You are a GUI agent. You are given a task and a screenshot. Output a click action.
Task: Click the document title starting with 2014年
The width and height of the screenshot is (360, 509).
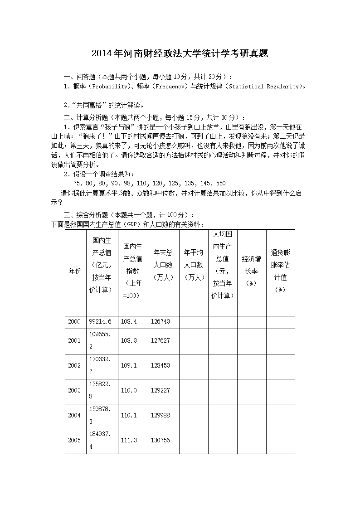click(x=180, y=53)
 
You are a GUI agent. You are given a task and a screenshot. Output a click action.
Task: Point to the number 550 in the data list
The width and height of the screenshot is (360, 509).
click(x=220, y=183)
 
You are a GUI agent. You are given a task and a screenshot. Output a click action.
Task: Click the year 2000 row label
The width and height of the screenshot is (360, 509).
click(x=74, y=321)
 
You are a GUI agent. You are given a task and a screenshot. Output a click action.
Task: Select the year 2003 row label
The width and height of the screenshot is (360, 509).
click(x=74, y=390)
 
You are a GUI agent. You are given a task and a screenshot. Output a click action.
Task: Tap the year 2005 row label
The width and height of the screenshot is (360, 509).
click(x=74, y=440)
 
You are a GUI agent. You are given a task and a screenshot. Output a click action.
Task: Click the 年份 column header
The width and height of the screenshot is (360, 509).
click(x=75, y=271)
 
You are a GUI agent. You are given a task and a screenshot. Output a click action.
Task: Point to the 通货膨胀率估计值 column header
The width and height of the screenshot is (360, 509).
click(x=280, y=271)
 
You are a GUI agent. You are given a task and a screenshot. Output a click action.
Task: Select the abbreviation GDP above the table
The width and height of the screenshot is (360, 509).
click(x=131, y=224)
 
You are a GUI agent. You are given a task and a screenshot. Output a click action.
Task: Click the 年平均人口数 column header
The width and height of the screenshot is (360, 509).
click(x=194, y=265)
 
